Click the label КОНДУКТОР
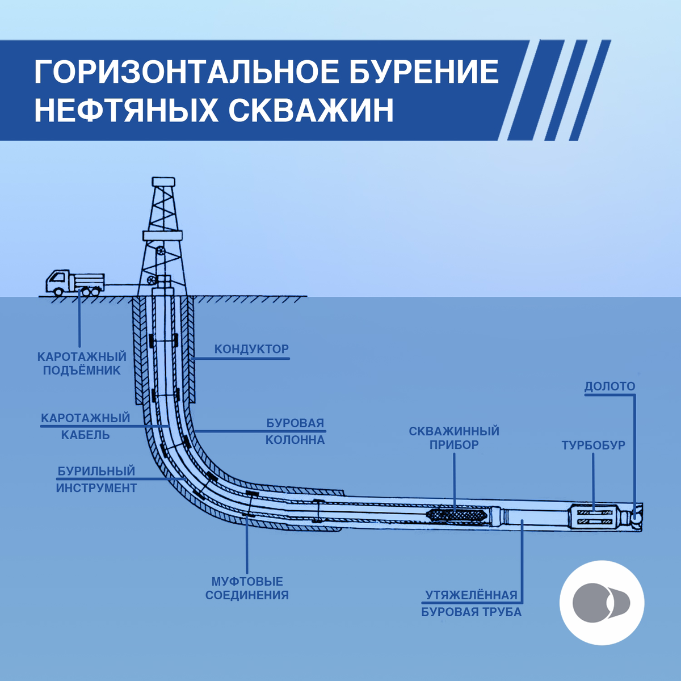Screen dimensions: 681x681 point(251,349)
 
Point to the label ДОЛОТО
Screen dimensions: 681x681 point(609,386)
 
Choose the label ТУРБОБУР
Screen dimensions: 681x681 point(593,445)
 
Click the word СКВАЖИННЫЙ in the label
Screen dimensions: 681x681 point(454,431)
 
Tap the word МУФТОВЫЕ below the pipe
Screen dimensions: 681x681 point(247,581)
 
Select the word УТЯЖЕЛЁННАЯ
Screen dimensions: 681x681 point(471,595)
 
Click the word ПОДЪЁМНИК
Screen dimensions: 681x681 point(82,371)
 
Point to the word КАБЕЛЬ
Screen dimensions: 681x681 point(85,435)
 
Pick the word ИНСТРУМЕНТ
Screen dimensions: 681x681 point(96,487)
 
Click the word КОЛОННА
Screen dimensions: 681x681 point(295,440)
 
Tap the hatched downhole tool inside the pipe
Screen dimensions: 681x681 point(457,516)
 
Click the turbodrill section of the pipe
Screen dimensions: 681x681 point(594,517)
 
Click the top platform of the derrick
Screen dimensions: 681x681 point(163,236)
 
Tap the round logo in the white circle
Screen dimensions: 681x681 point(602,602)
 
